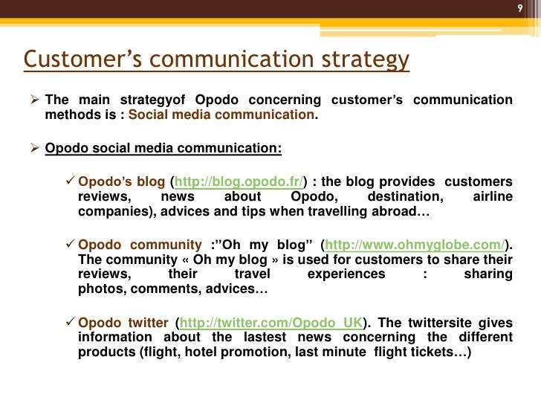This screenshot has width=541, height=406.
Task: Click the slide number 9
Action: pyautogui.click(x=520, y=9)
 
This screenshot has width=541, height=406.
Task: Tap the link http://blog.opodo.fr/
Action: pyautogui.click(x=236, y=182)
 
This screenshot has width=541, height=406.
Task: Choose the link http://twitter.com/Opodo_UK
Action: pyautogui.click(x=271, y=323)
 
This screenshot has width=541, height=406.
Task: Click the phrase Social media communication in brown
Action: pyautogui.click(x=221, y=115)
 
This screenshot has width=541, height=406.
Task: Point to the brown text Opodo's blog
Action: pyautogui.click(x=122, y=182)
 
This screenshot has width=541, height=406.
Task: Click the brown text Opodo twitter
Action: pyautogui.click(x=123, y=323)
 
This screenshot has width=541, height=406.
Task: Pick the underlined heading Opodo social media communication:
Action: pyautogui.click(x=163, y=147)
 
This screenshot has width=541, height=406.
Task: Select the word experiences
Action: pyautogui.click(x=346, y=274)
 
